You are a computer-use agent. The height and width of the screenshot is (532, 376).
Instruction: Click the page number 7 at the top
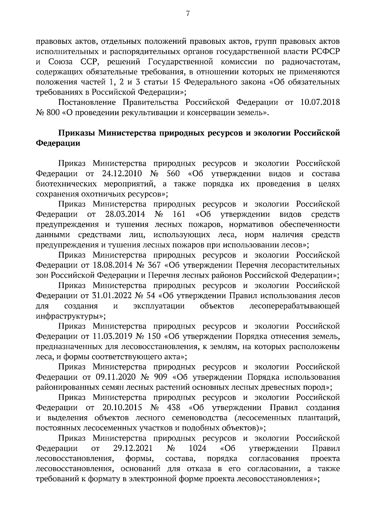coord(188,13)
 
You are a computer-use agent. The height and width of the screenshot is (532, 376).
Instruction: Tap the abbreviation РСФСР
coord(326,51)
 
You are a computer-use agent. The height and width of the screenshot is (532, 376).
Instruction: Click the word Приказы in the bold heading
coord(76,133)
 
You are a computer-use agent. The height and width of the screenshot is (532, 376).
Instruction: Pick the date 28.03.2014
coord(123,214)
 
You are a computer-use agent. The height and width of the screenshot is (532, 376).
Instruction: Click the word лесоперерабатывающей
coord(295,306)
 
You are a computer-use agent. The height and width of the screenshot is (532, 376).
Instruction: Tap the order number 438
coord(174,408)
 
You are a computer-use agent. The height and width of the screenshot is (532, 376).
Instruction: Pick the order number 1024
coord(198,448)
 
